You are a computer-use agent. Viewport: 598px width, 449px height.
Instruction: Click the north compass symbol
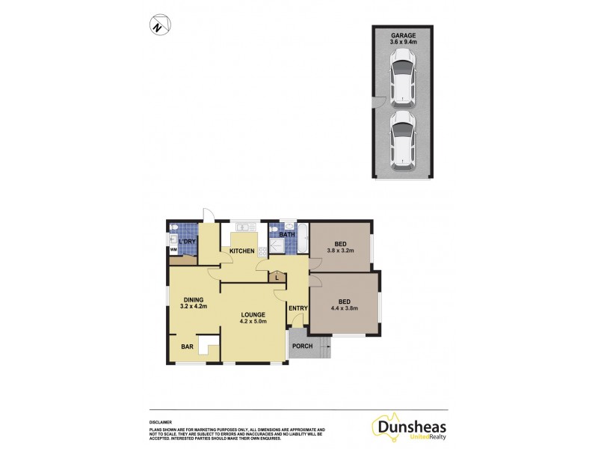(x=158, y=25)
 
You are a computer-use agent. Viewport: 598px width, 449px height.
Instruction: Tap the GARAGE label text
(x=402, y=35)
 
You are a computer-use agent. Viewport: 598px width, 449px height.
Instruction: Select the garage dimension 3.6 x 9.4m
(x=402, y=43)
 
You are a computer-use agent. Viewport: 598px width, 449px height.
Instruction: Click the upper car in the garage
(x=402, y=82)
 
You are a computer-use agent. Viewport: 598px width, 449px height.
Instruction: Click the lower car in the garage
(x=402, y=138)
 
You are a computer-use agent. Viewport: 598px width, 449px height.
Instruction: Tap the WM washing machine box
(x=173, y=250)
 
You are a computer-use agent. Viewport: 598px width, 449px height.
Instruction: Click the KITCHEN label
(x=242, y=251)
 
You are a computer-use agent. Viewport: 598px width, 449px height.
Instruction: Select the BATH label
(x=286, y=235)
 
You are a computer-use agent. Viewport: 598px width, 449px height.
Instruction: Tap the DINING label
(x=194, y=299)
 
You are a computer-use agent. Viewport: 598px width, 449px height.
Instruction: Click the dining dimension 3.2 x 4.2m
(x=194, y=307)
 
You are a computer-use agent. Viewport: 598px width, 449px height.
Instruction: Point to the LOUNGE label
(x=253, y=314)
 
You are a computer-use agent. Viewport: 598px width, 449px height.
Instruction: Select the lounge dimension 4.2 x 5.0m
(x=253, y=322)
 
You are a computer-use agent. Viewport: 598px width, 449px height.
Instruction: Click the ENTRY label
(x=298, y=308)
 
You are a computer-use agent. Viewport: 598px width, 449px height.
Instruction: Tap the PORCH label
(x=302, y=346)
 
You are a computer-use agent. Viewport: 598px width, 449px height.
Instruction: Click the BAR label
(x=188, y=346)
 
